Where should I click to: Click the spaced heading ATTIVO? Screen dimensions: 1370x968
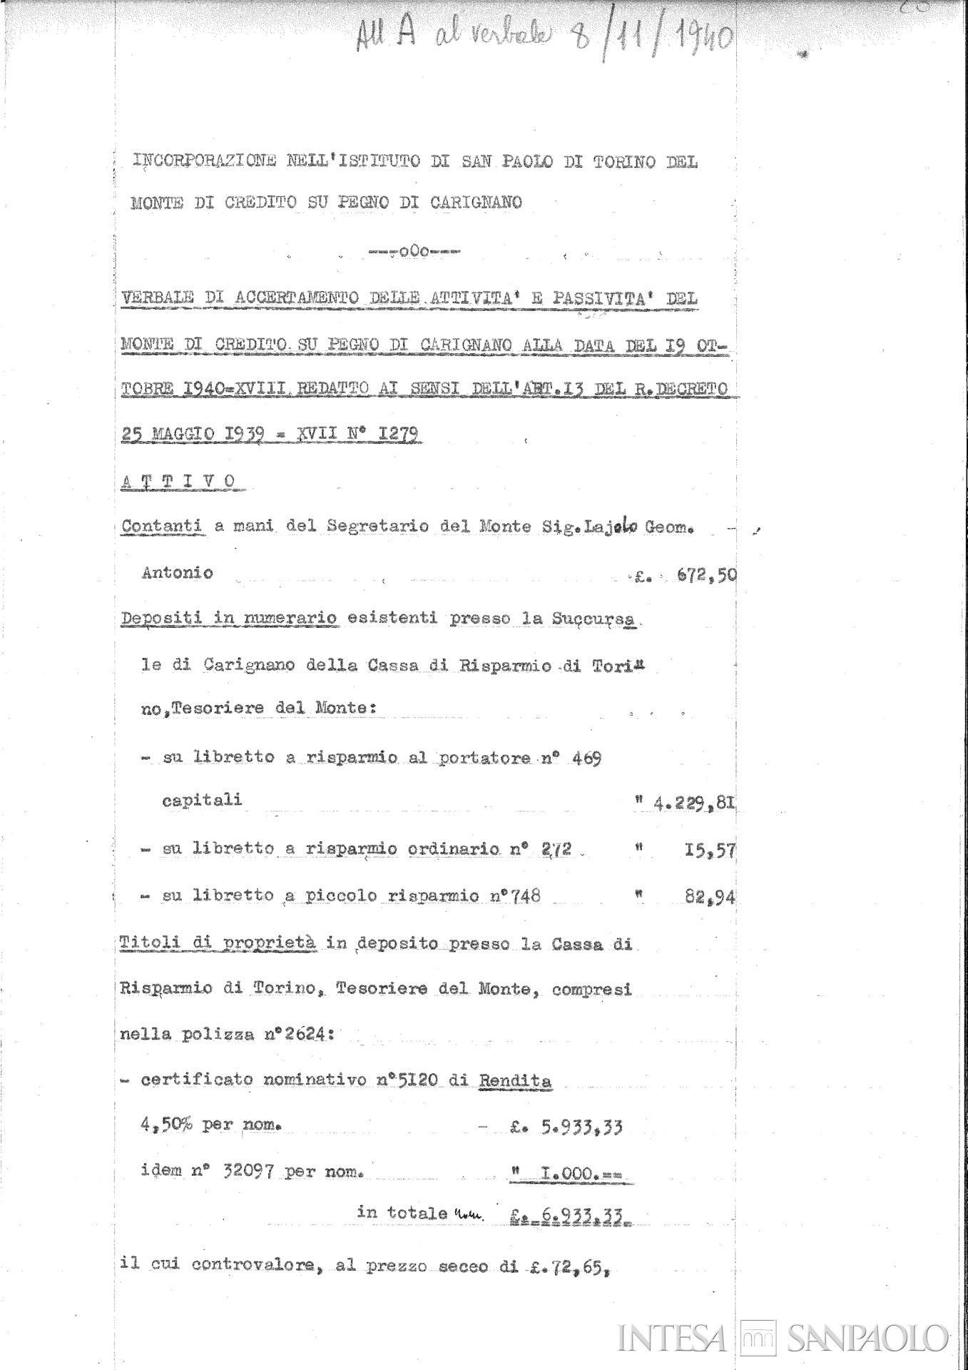178,482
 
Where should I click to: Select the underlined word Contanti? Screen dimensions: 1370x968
163,527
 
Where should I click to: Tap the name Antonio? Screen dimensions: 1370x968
177,573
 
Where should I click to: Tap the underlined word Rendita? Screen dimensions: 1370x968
514,1080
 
